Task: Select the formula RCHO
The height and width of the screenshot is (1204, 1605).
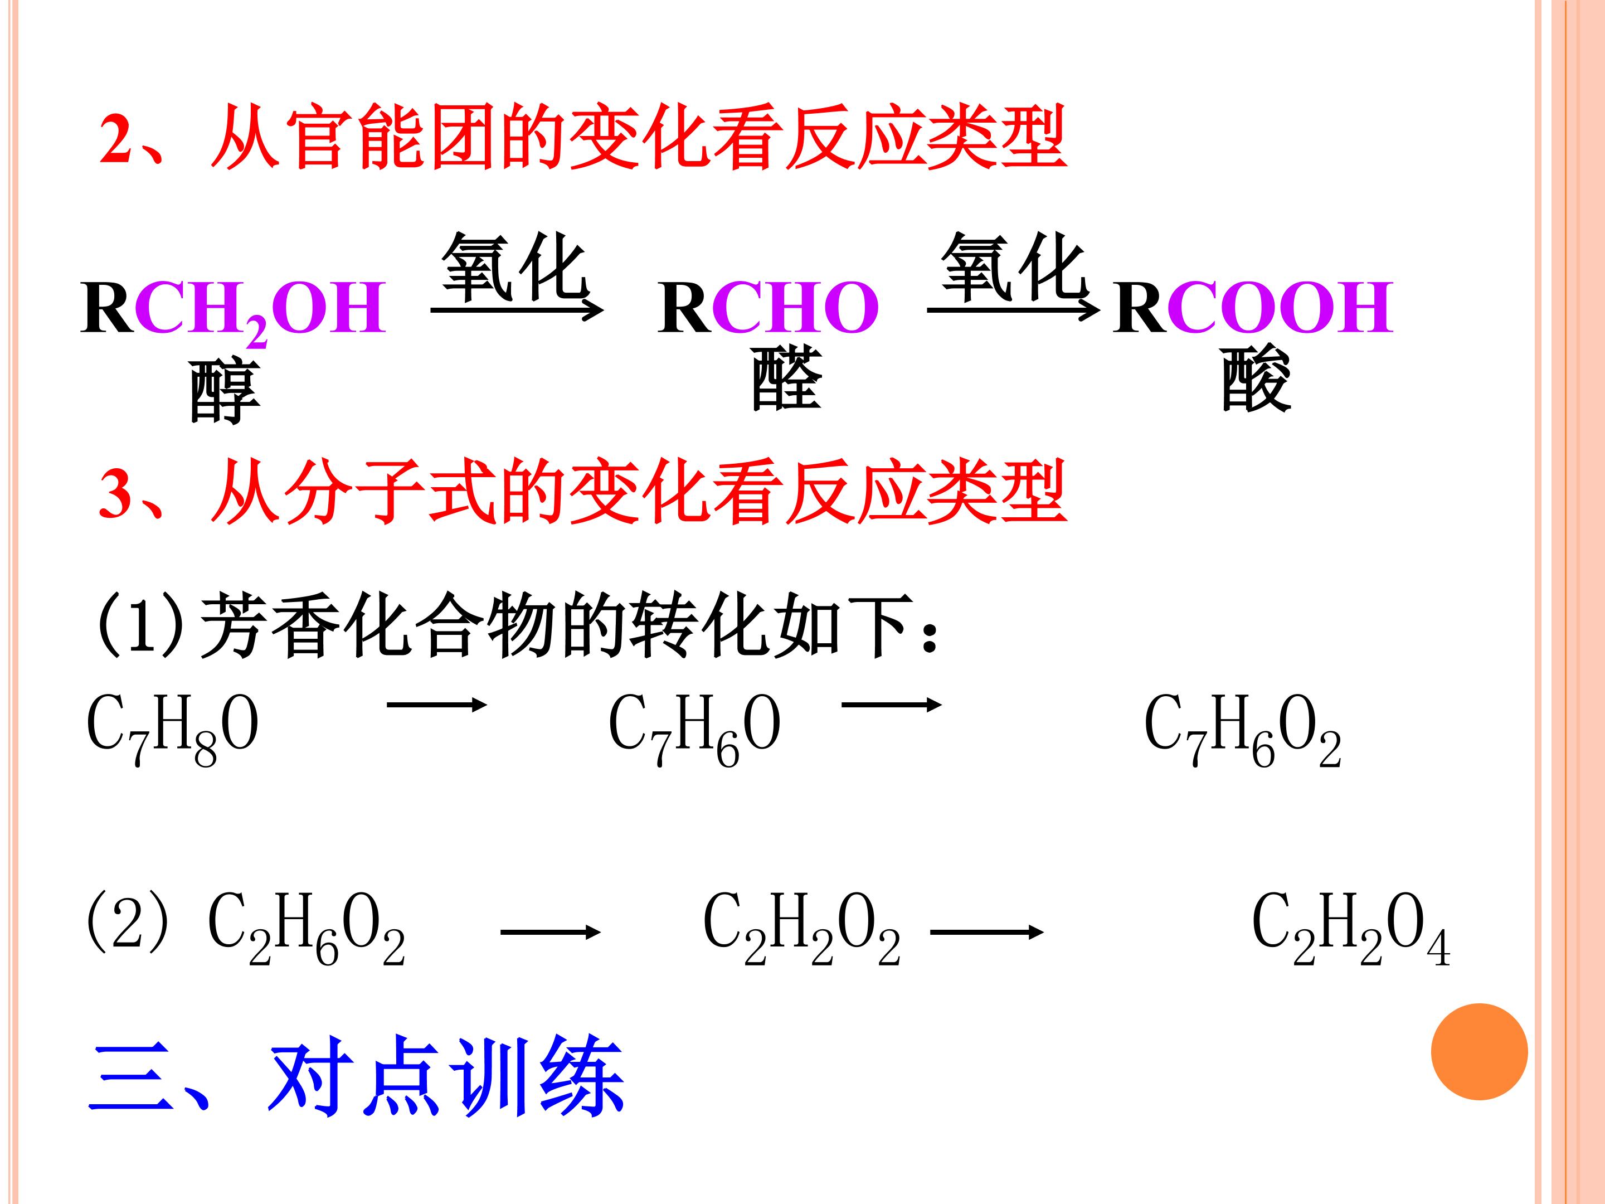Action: (769, 308)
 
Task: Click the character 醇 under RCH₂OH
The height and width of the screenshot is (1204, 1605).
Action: (224, 392)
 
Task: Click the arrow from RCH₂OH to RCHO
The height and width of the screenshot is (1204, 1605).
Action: (517, 310)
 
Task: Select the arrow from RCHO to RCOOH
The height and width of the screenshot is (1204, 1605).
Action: (1013, 310)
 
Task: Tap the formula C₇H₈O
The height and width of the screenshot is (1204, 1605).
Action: (172, 728)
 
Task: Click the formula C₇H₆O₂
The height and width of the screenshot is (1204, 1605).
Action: (1242, 728)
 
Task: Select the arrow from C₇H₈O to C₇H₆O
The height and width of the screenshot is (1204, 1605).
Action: (436, 703)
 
